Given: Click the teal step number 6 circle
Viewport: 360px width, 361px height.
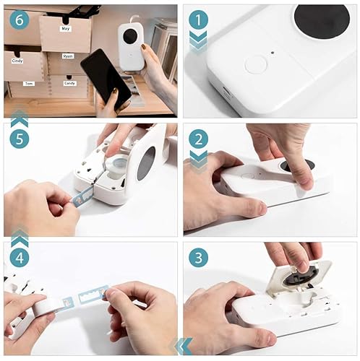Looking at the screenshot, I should click(19, 19).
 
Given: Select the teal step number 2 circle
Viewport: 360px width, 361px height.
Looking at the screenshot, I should click(197, 138).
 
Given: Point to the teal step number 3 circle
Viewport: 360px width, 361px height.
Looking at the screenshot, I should click(197, 256).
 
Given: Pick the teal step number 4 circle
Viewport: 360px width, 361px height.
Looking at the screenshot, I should click(19, 256).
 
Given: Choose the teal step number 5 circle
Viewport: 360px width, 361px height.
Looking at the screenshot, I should click(19, 138).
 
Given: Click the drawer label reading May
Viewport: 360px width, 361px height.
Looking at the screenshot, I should click(66, 29).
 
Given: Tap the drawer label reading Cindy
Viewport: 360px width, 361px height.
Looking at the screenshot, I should click(18, 61).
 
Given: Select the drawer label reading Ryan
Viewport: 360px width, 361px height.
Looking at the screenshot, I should click(68, 56).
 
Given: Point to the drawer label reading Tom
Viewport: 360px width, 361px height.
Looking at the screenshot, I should click(28, 84).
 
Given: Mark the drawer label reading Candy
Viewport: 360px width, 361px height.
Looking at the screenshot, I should click(69, 84).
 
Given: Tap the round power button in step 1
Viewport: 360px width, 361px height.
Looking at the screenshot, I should click(255, 65).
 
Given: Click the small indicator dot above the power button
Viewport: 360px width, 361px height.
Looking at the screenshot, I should click(272, 52).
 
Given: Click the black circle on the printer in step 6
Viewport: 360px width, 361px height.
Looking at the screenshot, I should click(129, 35).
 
